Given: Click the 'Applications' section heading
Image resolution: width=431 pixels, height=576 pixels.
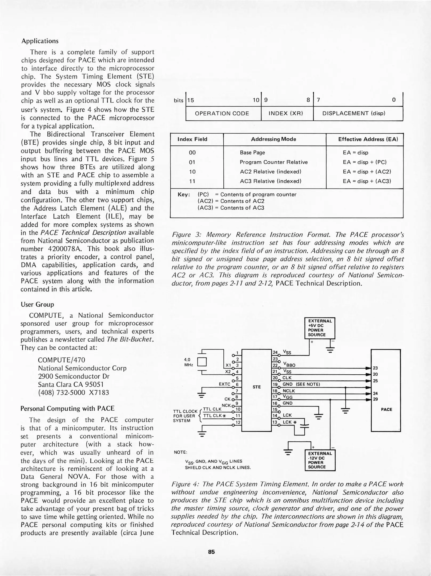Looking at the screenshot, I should click(40, 41).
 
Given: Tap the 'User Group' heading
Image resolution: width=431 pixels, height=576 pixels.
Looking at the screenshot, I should click(37, 305).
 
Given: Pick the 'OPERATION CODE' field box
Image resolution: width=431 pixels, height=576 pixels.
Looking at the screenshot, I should click(222, 113).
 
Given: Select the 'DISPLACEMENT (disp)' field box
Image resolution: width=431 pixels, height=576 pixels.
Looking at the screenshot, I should click(354, 113).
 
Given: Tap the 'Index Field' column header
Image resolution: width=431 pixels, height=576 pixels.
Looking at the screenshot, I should click(192, 139).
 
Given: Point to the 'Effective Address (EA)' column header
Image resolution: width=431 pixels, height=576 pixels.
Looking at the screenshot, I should click(368, 139).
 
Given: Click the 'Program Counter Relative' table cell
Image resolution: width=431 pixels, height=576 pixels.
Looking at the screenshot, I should click(273, 162).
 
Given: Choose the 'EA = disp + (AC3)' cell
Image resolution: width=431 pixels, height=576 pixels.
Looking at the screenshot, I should click(367, 181).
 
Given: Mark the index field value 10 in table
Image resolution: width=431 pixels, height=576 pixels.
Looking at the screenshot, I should click(192, 172).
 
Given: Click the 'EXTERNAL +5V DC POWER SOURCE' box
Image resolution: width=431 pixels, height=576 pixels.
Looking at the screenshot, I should click(320, 328).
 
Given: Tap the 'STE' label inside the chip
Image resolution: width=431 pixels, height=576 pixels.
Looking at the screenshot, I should click(256, 387).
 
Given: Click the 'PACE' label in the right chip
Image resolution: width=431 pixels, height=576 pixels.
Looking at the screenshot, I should click(386, 410).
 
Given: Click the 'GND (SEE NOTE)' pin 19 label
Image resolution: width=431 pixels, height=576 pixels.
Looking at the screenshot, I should click(301, 384).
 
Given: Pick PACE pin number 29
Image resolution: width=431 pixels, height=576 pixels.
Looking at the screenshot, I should click(375, 399).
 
